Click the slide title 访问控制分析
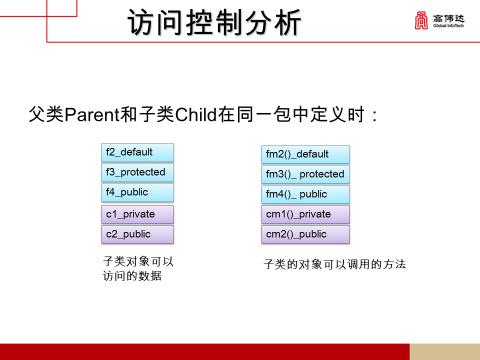(x=215, y=23)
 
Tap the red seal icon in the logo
(x=421, y=21)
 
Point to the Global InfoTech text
(x=448, y=26)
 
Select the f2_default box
(x=137, y=152)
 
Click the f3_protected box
(x=137, y=172)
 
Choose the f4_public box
(x=137, y=192)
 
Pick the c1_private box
(x=137, y=214)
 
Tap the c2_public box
(x=137, y=234)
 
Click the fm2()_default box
(x=305, y=154)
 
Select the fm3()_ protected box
(x=305, y=174)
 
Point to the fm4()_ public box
(x=305, y=194)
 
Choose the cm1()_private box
(x=305, y=214)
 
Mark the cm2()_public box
(x=305, y=234)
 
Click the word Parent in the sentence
(x=93, y=115)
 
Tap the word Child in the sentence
(x=195, y=115)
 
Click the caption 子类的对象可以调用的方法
(x=334, y=264)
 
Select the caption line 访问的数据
(x=132, y=275)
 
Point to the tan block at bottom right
(x=444, y=351)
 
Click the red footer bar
(x=204, y=351)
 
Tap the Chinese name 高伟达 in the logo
(x=448, y=18)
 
